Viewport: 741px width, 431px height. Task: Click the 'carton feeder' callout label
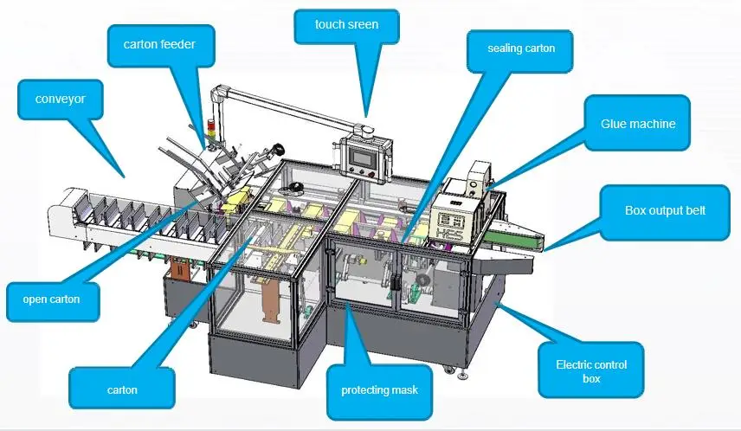pyautogui.click(x=159, y=43)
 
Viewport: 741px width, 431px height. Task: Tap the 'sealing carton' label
pyautogui.click(x=522, y=48)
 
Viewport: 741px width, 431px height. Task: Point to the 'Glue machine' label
pyautogui.click(x=638, y=124)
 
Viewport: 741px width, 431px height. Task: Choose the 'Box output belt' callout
pyautogui.click(x=665, y=210)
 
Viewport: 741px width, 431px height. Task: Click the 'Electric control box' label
pyautogui.click(x=591, y=371)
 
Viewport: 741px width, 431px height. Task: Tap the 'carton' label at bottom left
pyautogui.click(x=122, y=390)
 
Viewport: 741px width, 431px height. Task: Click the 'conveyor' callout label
pyautogui.click(x=60, y=99)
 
